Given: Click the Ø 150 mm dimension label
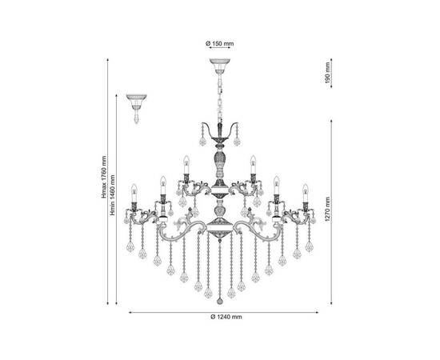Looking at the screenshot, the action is (x=219, y=43).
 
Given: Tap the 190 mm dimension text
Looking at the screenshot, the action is (x=327, y=73).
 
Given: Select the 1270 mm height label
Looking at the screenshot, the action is (x=327, y=209).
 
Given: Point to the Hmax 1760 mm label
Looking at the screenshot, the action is (x=104, y=177).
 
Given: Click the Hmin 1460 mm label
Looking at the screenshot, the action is (x=113, y=195).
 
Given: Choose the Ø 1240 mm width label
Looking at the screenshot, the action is (x=226, y=317).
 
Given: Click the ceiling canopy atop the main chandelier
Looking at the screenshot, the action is (x=220, y=66).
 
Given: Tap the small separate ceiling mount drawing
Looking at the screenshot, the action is (x=136, y=108).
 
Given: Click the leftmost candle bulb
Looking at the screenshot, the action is (x=134, y=193).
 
